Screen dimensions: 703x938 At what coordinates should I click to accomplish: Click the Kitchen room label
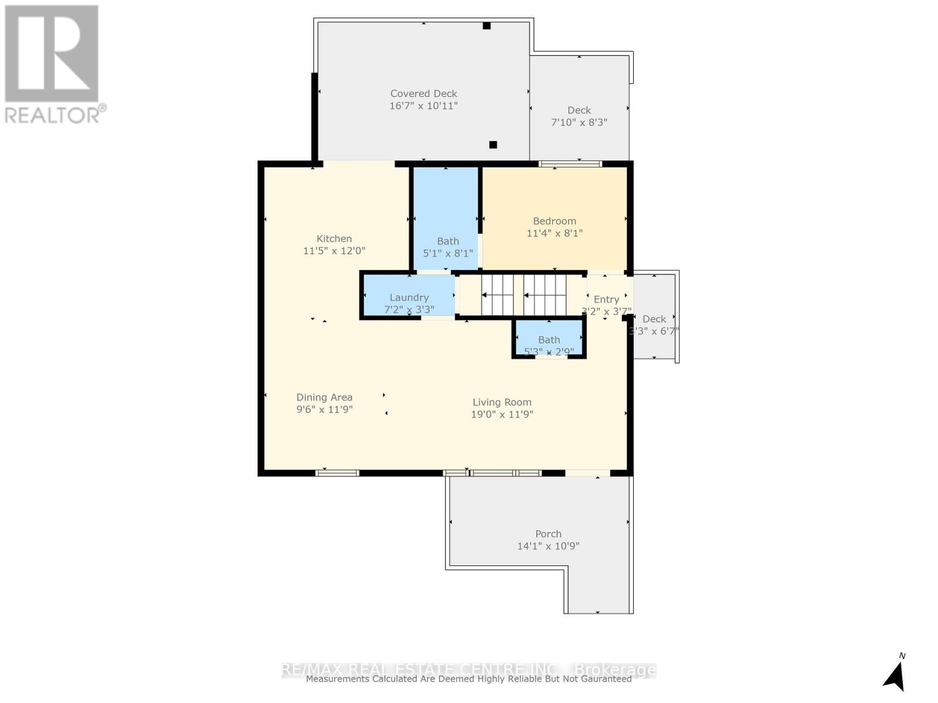(334, 238)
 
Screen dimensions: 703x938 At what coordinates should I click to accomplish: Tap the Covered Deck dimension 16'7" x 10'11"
(423, 106)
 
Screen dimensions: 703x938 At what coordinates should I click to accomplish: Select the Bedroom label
(554, 221)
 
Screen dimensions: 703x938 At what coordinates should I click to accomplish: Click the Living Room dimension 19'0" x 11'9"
(502, 414)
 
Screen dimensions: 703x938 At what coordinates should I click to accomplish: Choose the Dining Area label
(324, 397)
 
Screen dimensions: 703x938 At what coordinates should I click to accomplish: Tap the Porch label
(548, 534)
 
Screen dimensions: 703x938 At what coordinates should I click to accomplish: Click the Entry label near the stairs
(606, 299)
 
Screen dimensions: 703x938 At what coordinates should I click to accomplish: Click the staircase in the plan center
(524, 295)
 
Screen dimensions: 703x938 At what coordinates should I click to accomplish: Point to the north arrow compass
(895, 675)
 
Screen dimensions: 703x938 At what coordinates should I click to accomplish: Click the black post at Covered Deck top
(487, 26)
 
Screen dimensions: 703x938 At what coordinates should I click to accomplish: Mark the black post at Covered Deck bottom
(493, 145)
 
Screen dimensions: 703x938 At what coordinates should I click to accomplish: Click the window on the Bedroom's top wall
(570, 164)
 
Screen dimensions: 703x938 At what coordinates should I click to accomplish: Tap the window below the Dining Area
(337, 473)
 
